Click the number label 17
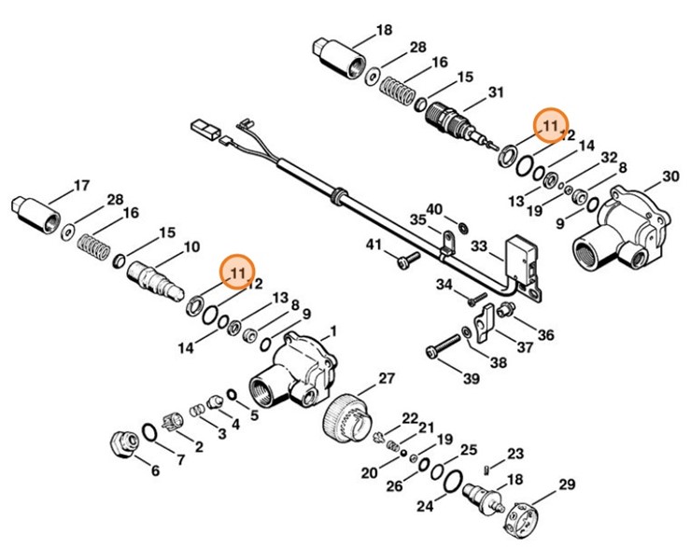[81, 184]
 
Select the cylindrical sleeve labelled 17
[36, 210]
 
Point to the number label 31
[496, 91]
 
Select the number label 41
[374, 245]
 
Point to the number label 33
[479, 247]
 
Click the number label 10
[191, 247]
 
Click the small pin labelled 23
[487, 468]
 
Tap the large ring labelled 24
[452, 482]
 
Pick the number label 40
[434, 208]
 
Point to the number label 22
[410, 417]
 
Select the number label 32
[609, 157]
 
